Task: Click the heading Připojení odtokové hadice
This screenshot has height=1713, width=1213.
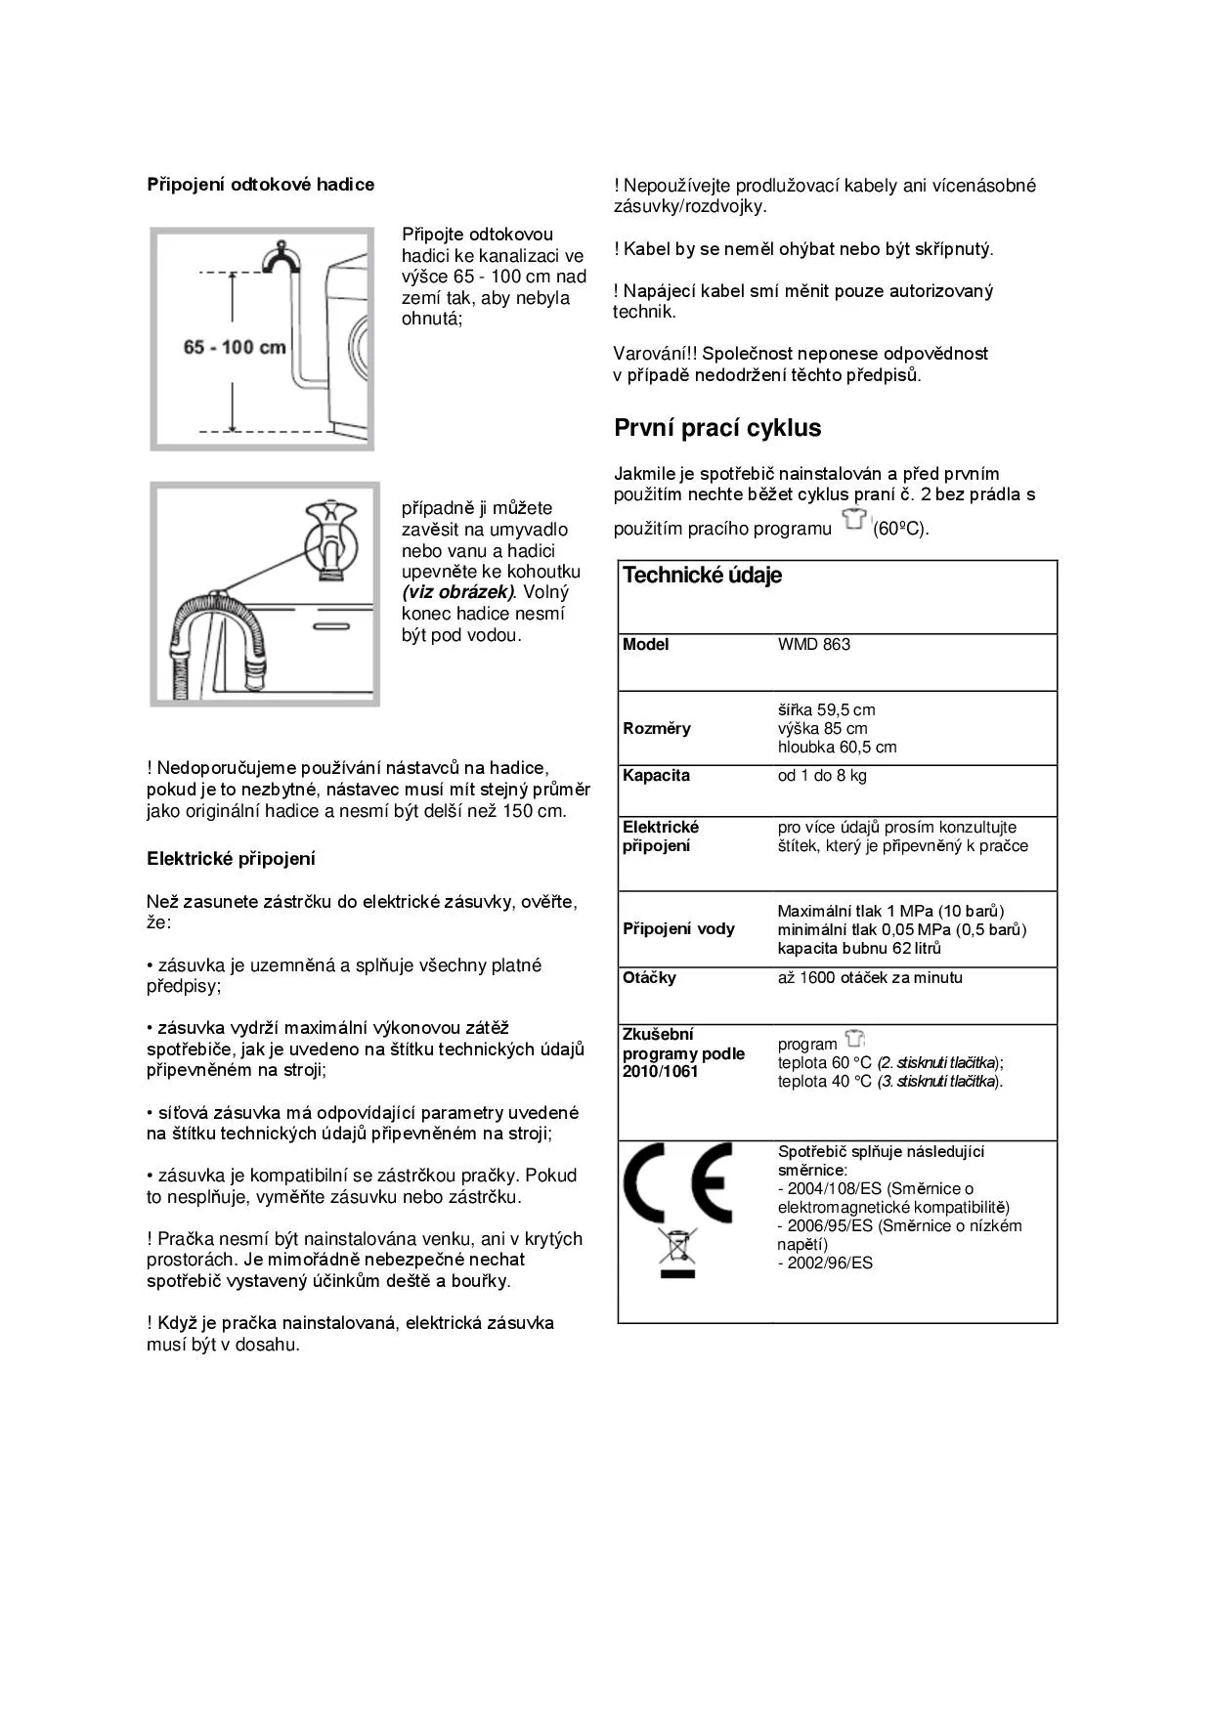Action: (x=260, y=185)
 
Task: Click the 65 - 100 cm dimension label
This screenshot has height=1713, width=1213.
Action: (x=235, y=347)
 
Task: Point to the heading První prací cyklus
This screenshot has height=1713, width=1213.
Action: (x=717, y=428)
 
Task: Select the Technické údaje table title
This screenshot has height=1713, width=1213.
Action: (x=702, y=576)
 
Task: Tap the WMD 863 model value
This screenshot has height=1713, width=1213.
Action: (x=813, y=645)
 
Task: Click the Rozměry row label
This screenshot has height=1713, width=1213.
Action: (x=656, y=729)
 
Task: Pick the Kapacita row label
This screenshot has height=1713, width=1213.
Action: (x=656, y=776)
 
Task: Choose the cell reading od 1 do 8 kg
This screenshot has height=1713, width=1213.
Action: (x=822, y=776)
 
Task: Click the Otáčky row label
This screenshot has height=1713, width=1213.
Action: (x=649, y=978)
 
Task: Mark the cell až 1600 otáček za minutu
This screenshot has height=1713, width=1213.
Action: (x=870, y=978)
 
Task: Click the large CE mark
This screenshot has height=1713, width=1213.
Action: (x=676, y=1182)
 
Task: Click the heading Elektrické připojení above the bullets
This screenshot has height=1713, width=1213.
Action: (x=231, y=859)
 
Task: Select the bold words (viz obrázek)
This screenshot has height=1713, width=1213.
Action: (x=457, y=592)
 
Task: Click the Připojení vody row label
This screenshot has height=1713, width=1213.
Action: (x=678, y=929)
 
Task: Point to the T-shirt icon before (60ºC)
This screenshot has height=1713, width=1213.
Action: (x=853, y=520)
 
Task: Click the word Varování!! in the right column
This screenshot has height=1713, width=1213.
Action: (x=654, y=354)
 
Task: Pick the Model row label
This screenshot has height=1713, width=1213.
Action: (x=645, y=645)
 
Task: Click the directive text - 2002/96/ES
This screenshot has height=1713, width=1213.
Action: (x=825, y=1263)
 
